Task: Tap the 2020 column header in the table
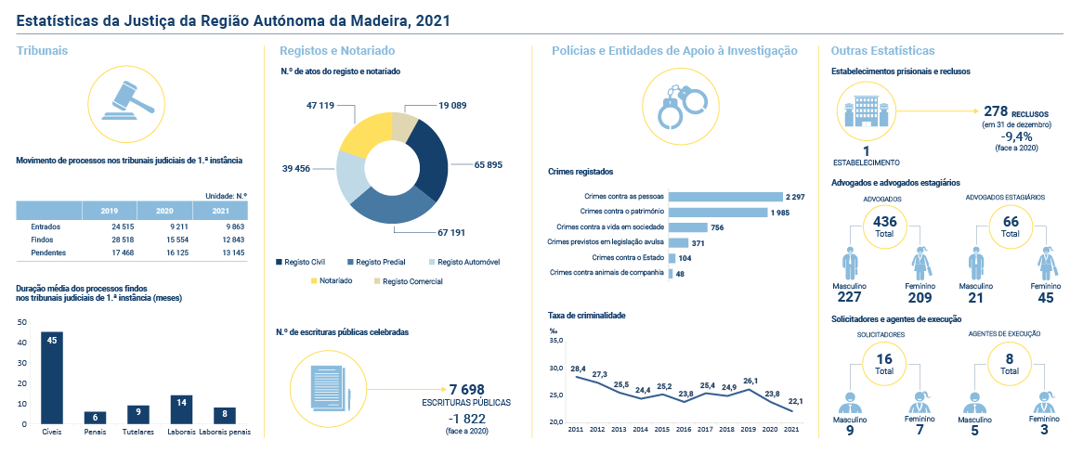tap(164, 211)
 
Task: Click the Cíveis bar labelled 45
tap(52, 378)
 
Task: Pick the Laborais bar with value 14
tap(182, 409)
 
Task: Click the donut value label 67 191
tap(450, 233)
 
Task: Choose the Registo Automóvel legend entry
tap(463, 263)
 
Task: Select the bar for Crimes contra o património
tap(718, 212)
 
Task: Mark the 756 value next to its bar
tap(717, 227)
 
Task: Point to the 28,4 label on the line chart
tap(578, 369)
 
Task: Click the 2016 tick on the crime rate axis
tap(684, 430)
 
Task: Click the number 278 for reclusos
tap(995, 111)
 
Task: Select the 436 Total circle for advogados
tap(884, 226)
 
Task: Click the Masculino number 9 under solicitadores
tap(852, 430)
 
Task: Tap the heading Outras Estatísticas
tap(883, 50)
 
